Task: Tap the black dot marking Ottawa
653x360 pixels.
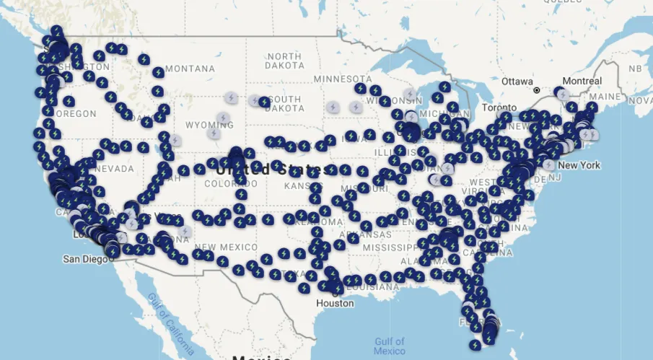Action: [x=537, y=90]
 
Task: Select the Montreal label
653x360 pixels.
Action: [x=582, y=81]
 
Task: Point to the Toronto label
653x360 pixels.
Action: [x=499, y=107]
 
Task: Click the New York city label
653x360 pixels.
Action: [x=579, y=165]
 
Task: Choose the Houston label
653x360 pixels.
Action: [x=336, y=303]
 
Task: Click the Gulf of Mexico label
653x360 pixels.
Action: [x=390, y=346]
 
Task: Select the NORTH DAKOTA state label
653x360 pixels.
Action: [x=284, y=61]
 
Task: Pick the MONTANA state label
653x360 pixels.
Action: [x=190, y=69]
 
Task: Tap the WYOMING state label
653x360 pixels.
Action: [x=209, y=125]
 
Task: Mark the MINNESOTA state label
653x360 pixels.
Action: [x=343, y=78]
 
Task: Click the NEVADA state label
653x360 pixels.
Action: [x=113, y=169]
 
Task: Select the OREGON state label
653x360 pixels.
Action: [x=76, y=114]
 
